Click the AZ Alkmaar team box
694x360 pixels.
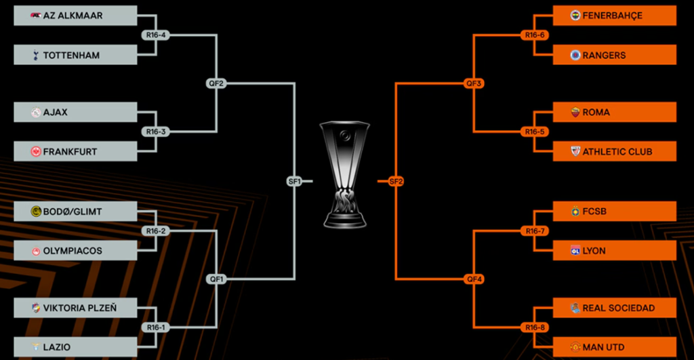coord(75,16)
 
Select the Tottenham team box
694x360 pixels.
coord(75,55)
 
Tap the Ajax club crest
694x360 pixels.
coord(36,113)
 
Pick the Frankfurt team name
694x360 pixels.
coord(70,152)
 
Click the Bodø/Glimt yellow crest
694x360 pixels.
coord(36,212)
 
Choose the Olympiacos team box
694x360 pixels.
coord(75,251)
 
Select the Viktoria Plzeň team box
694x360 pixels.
coord(75,308)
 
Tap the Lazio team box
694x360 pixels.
coord(75,347)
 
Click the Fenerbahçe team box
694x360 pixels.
coord(614,16)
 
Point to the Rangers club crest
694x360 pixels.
coord(575,55)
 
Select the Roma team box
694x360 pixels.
coord(614,113)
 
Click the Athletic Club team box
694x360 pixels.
coord(614,152)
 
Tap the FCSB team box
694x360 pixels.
coord(614,212)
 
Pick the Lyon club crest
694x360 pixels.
coord(575,251)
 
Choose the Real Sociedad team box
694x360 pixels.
coord(614,308)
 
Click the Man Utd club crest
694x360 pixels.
coord(575,347)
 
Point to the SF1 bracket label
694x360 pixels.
coord(294,181)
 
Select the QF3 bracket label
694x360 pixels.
coord(473,83)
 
